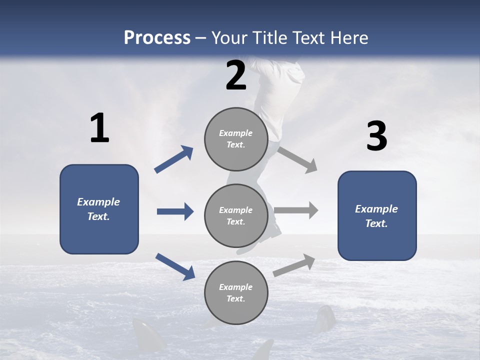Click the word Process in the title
(157, 38)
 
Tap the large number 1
(99, 128)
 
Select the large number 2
(236, 75)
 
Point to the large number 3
(376, 136)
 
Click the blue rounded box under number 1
(99, 209)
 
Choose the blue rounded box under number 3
(377, 215)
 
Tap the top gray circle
(236, 139)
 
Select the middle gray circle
(236, 216)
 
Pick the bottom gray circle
(236, 293)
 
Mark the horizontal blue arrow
(175, 211)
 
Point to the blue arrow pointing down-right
(175, 266)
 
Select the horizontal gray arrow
(296, 210)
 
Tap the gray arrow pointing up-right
(294, 265)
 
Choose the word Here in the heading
(349, 38)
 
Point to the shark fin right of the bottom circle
(324, 318)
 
